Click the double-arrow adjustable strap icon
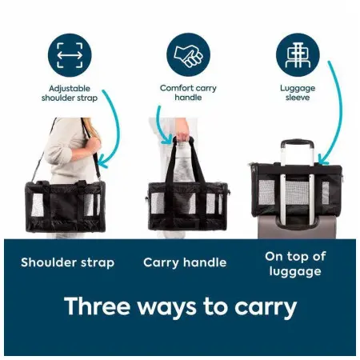point(70,55)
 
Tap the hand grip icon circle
point(188,54)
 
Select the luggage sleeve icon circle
point(298,54)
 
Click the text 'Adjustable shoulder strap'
point(70,93)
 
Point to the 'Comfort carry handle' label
point(188,93)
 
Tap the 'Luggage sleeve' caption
point(298,93)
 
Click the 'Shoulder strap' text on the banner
point(68,262)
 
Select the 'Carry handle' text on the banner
point(185,262)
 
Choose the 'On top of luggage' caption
point(295,264)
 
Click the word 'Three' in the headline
point(97,306)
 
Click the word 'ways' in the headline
point(167,308)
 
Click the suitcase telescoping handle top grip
point(297,142)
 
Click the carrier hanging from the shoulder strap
point(66,206)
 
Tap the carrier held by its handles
point(188,206)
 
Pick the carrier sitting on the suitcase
point(297,189)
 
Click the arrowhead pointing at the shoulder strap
point(102,163)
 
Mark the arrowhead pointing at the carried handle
point(167,140)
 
